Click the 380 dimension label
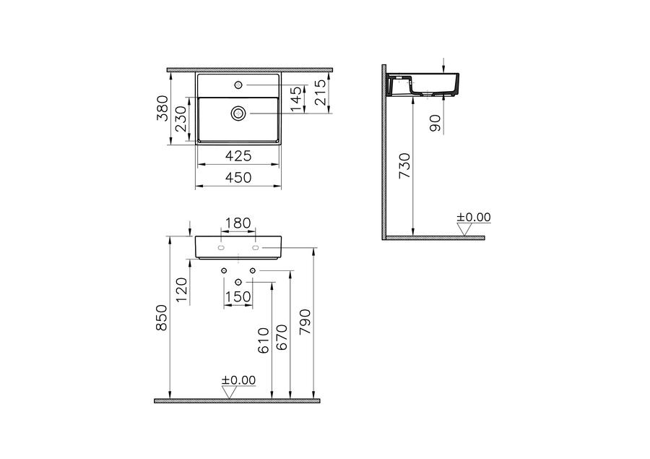[x=163, y=108]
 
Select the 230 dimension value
[x=181, y=119]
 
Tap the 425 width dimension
[x=238, y=156]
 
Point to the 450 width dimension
[x=238, y=177]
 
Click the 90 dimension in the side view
[x=435, y=124]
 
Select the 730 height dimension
[x=404, y=166]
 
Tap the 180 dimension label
[x=238, y=223]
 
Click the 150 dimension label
[x=238, y=296]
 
